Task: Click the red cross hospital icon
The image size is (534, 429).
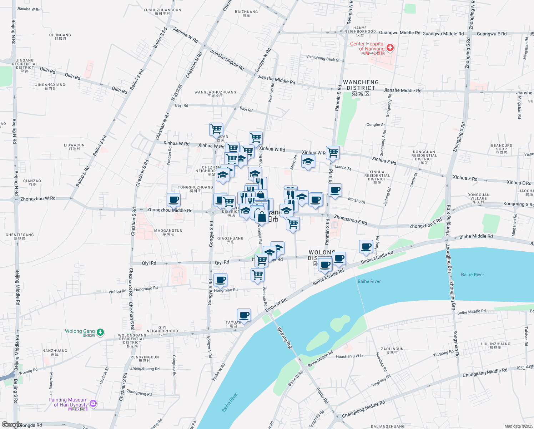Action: pos(390,48)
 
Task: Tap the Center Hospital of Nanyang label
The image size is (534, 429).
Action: pos(367,46)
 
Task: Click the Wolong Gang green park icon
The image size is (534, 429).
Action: pos(101,332)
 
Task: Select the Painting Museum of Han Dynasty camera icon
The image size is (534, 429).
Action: pos(93,403)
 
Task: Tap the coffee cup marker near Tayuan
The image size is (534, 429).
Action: pos(244,315)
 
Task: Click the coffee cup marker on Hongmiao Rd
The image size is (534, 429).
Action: pos(220,280)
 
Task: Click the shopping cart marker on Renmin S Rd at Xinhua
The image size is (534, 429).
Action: pos(333,153)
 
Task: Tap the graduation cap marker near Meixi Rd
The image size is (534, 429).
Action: pos(308,162)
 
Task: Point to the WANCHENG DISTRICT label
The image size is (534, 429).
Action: pos(361,85)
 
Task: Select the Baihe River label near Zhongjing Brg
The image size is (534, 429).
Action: pos(472,275)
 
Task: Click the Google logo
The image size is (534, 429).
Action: pos(12,425)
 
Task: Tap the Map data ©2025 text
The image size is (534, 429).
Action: pos(518,426)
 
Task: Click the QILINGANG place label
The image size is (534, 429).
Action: pos(60,35)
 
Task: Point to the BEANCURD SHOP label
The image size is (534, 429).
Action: pos(501,147)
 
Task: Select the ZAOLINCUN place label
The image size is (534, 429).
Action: pos(392,349)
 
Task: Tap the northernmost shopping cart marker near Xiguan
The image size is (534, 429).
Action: pos(216,129)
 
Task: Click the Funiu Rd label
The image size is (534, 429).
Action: pos(322,395)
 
